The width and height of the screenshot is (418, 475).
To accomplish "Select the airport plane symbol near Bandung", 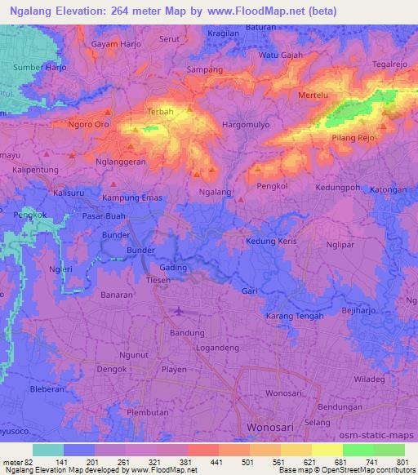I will (x=179, y=310).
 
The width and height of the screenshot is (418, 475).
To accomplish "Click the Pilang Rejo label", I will (x=354, y=138).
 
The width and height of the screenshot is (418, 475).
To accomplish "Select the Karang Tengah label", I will (x=296, y=316).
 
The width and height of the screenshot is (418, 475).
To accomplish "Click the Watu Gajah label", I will (x=281, y=55).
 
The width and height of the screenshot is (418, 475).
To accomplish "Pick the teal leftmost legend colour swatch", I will (x=48, y=450).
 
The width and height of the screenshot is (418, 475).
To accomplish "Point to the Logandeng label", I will (x=217, y=347).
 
